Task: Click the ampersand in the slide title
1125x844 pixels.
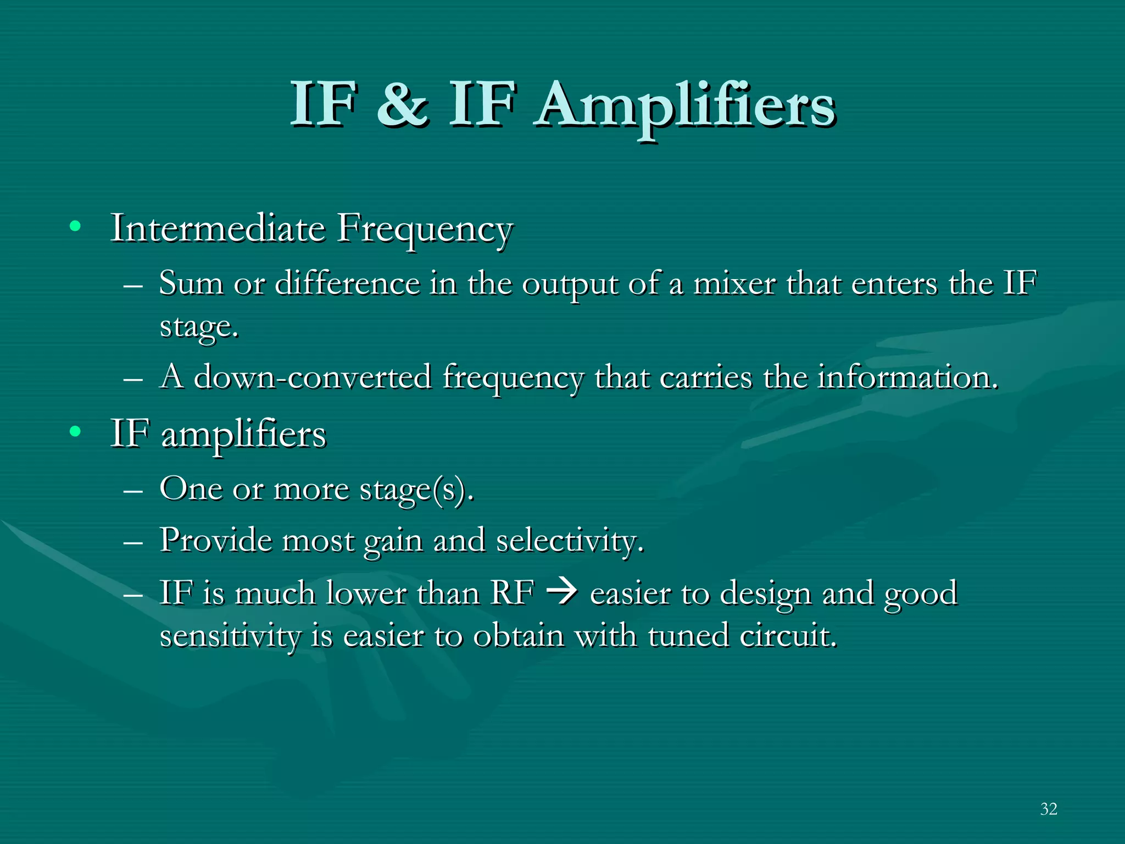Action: (402, 104)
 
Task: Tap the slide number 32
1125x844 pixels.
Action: (1048, 809)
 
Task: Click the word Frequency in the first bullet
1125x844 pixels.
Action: (425, 230)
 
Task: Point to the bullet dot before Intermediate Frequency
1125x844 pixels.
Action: (75, 226)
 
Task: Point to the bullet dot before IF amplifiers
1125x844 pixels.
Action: (75, 432)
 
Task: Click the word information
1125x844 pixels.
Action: (907, 377)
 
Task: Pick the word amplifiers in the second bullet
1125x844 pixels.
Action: (244, 435)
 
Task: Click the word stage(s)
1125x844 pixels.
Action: (416, 489)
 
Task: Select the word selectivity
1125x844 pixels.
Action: (569, 541)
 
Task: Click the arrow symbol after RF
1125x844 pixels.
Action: (562, 592)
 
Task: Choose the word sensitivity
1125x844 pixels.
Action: (230, 636)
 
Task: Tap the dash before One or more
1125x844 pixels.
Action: (133, 490)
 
